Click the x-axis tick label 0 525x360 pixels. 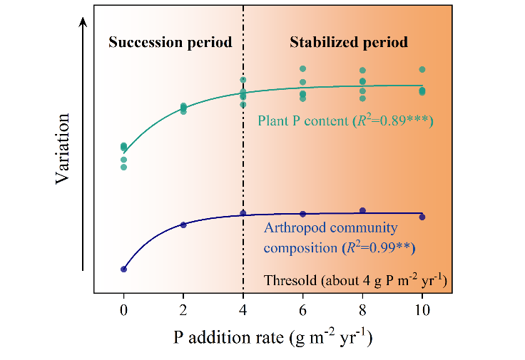[x=123, y=311]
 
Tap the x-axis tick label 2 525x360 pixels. [x=183, y=311]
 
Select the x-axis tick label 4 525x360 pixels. [x=243, y=311]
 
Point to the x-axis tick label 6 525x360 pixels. [x=302, y=311]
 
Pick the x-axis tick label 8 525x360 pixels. [x=362, y=311]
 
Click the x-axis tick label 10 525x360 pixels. [x=422, y=311]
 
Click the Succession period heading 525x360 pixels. [x=170, y=43]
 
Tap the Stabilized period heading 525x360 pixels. [x=349, y=43]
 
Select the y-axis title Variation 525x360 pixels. [x=62, y=148]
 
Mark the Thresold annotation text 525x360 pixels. [x=355, y=280]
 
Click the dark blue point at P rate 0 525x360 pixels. [x=123, y=269]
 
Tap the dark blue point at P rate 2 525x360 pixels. [x=183, y=225]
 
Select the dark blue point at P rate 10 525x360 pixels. [x=422, y=217]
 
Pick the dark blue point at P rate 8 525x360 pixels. [x=362, y=210]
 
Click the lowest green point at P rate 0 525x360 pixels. [x=123, y=167]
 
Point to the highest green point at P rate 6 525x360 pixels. [x=302, y=68]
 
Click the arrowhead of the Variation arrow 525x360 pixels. [x=83, y=21]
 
